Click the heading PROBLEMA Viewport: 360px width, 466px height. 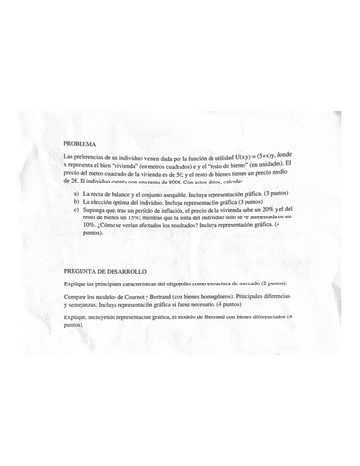(x=80, y=142)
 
